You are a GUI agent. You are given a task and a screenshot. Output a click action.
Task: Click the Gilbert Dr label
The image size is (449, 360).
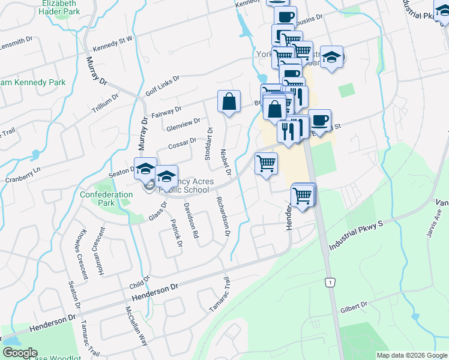pyautogui.click(x=354, y=307)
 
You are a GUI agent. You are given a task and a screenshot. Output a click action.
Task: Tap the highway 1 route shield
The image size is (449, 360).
pyautogui.click(x=329, y=282)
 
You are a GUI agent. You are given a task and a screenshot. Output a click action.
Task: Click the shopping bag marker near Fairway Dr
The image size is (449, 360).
pyautogui.click(x=229, y=102)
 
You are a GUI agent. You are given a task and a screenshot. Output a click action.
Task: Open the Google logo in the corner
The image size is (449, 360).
pyautogui.click(x=19, y=353)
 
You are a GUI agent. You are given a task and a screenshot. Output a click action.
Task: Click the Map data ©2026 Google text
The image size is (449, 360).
pyautogui.click(x=411, y=355)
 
